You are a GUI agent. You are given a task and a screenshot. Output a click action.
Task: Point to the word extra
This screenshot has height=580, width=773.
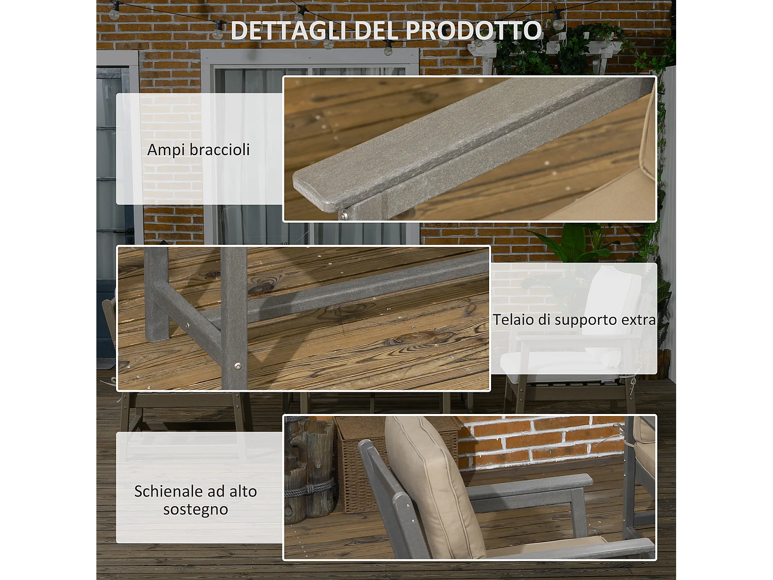tap(638, 320)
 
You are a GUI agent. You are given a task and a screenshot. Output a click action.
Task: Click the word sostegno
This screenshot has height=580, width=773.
tap(196, 509)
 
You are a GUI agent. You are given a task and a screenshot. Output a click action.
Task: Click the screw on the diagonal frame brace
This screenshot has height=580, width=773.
tap(188, 325)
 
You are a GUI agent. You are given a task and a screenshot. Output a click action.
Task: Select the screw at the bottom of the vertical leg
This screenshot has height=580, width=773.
tap(237, 366)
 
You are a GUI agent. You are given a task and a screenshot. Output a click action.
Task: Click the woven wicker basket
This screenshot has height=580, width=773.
tap(356, 464)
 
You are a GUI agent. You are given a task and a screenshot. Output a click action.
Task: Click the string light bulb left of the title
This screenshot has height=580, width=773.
tap(219, 31)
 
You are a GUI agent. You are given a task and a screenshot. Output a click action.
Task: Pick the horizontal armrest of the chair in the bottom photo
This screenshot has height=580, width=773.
tap(536, 485)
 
